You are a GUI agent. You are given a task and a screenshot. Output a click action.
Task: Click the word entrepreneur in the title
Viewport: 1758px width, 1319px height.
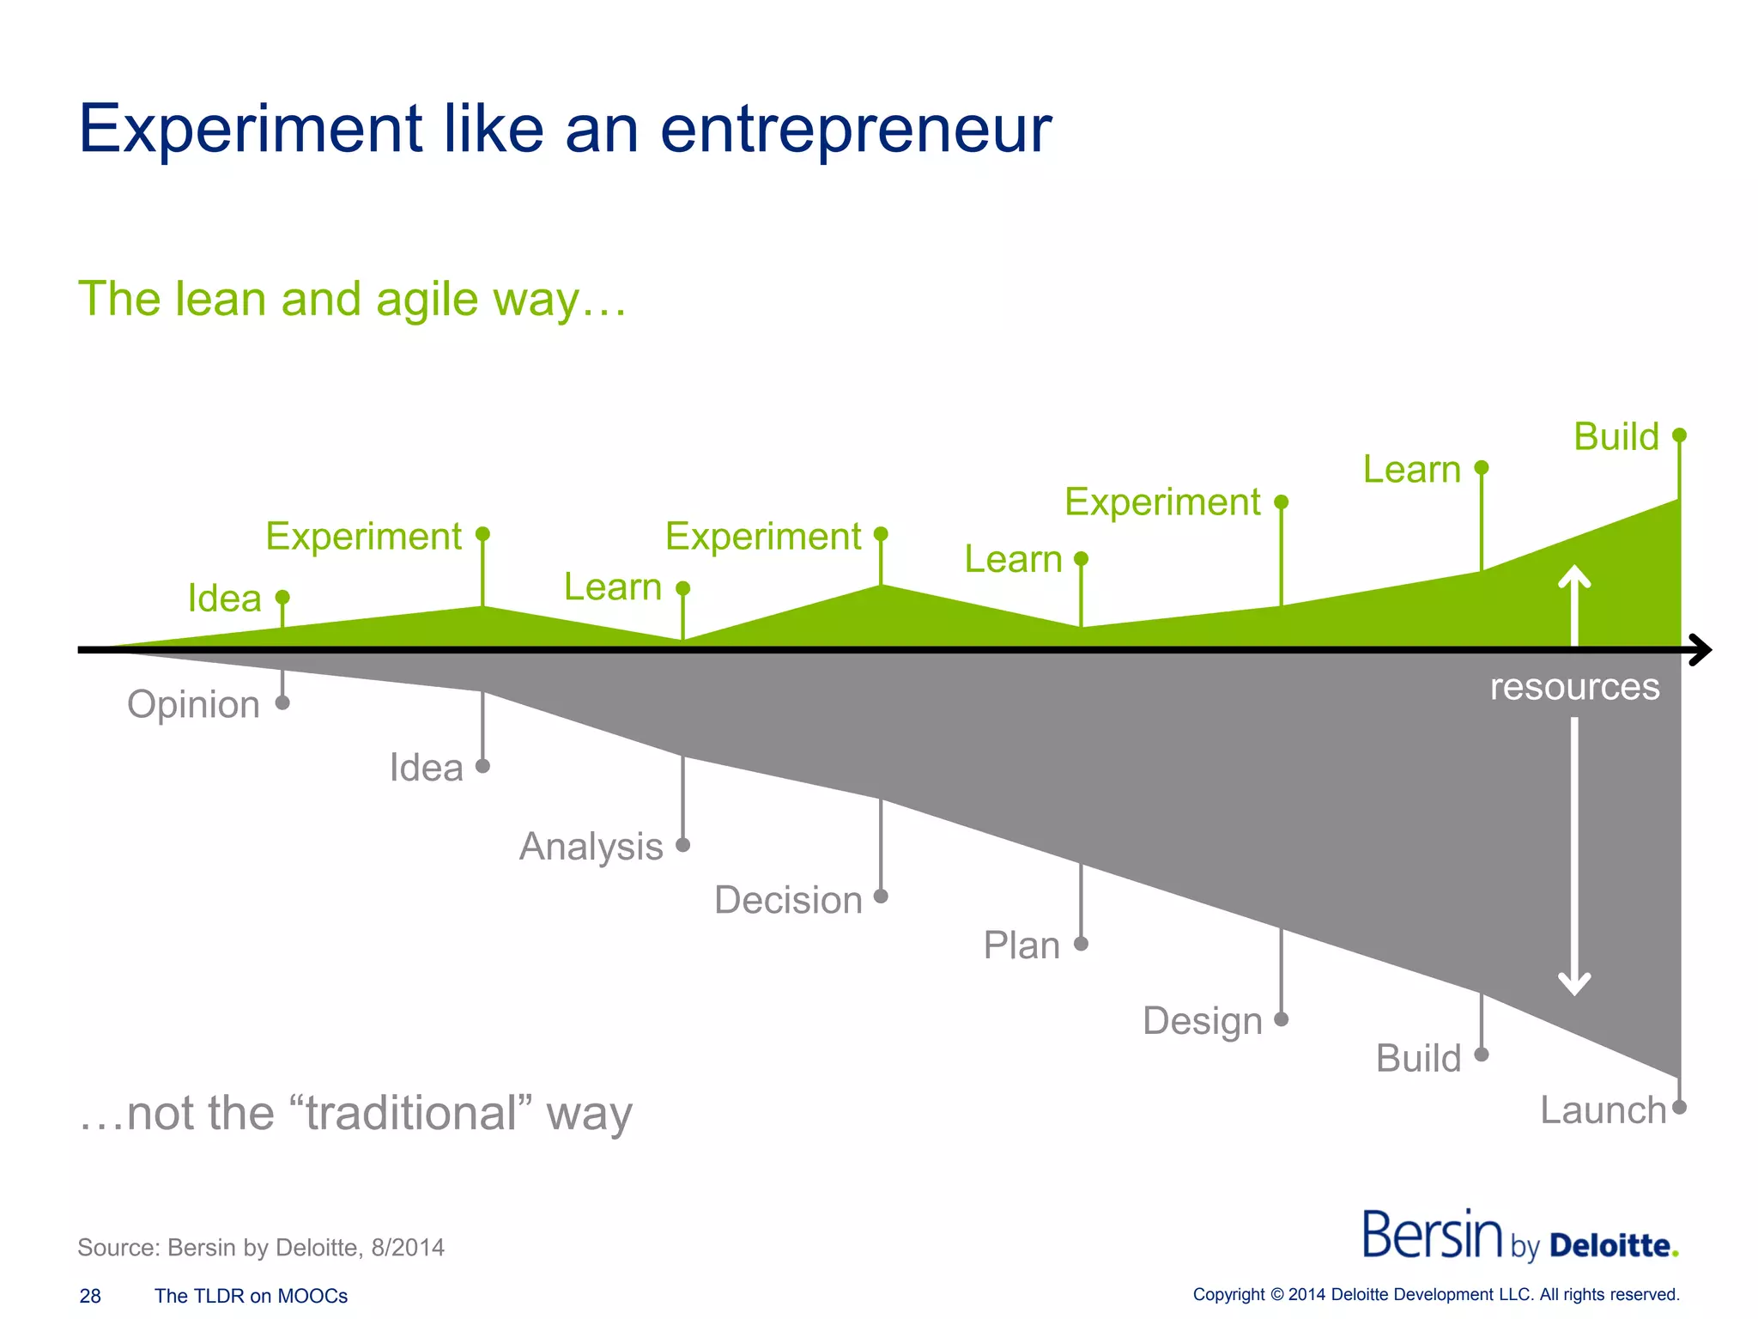[x=855, y=131]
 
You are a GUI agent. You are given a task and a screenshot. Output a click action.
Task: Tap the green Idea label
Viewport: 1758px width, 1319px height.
[x=224, y=599]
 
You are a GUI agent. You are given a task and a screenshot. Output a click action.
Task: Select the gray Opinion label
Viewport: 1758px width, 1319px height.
[x=193, y=705]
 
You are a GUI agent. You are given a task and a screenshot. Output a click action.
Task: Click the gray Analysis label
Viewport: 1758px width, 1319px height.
[x=591, y=847]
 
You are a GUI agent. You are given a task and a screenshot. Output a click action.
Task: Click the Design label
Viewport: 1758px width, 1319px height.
[x=1202, y=1022]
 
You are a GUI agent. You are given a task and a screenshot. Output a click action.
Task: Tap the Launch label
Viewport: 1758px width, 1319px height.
[x=1603, y=1110]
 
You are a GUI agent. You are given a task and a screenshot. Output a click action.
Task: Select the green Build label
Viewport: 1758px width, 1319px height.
[x=1616, y=437]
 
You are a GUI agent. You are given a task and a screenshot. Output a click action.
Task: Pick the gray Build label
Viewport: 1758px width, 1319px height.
[x=1418, y=1059]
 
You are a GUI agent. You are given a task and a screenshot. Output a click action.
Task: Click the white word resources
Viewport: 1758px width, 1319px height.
[x=1574, y=687]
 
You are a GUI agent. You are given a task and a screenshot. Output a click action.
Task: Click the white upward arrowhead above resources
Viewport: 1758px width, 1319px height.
[x=1574, y=575]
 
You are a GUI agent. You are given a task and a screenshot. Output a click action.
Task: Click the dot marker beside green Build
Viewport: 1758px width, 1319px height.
[x=1680, y=435]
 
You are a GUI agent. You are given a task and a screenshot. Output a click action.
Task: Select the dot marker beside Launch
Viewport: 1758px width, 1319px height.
[x=1680, y=1108]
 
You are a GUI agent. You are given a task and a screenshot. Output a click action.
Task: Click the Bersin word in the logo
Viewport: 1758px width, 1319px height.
[x=1432, y=1236]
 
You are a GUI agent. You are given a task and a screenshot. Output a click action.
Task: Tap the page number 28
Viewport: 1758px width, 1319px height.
[x=90, y=1296]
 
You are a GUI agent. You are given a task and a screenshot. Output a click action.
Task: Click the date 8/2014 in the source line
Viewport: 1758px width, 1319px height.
[x=408, y=1248]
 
